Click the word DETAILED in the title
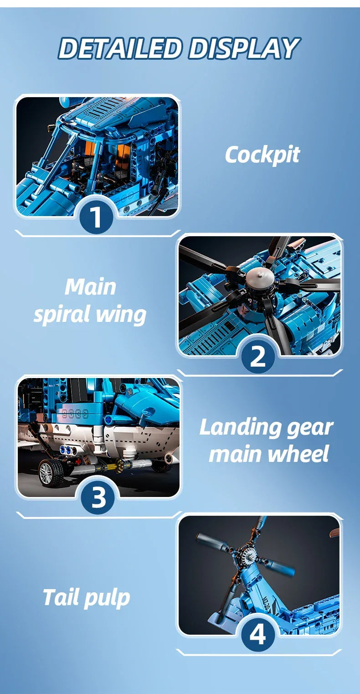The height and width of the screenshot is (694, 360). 121,49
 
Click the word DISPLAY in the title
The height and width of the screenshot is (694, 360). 244,49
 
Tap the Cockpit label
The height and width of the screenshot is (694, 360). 262,155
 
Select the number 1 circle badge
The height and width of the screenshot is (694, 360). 96,218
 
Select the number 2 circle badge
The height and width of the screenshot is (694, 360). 257,357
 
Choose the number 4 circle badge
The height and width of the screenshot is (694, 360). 257,635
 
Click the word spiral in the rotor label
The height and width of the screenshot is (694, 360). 65,315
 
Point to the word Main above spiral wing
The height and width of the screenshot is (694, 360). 90,287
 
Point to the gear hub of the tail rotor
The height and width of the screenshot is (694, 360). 246,554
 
